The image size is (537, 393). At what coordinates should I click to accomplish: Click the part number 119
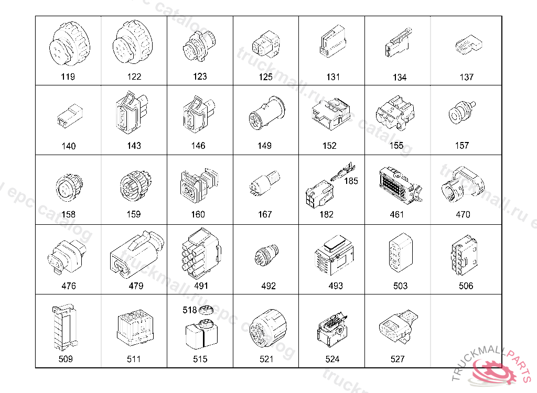tap(68, 77)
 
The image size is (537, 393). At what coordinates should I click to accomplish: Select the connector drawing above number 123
tap(200, 46)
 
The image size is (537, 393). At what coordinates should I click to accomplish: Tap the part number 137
tap(466, 77)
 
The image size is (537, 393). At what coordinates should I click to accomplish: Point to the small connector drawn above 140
tap(70, 116)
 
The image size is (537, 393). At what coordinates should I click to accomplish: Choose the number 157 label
tap(461, 146)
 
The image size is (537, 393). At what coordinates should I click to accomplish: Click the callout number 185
tap(351, 181)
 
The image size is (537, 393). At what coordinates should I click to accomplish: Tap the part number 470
tap(463, 214)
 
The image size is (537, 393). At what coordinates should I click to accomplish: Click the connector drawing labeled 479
tap(137, 253)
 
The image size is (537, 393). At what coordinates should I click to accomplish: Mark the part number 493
tap(335, 286)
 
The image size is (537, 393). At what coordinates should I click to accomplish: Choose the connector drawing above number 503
tap(400, 253)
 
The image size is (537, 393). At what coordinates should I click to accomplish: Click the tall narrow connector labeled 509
tap(65, 327)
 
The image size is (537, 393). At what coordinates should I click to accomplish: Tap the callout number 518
tap(190, 310)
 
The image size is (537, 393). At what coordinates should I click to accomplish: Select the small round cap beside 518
tap(206, 310)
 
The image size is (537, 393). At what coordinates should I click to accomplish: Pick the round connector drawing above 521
tap(268, 328)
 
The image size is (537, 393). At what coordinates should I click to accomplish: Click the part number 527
tap(398, 359)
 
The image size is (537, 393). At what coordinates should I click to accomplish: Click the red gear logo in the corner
tap(493, 372)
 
